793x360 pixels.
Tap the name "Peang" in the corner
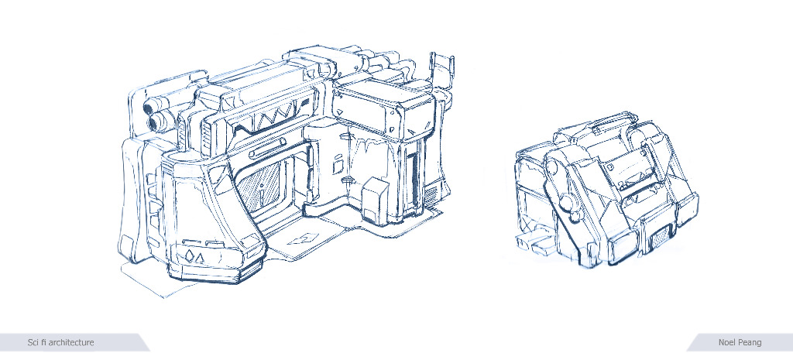click(x=750, y=343)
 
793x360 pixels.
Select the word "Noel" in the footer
click(x=727, y=343)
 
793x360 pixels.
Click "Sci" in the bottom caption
click(x=33, y=343)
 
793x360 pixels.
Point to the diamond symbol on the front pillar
click(x=191, y=255)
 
